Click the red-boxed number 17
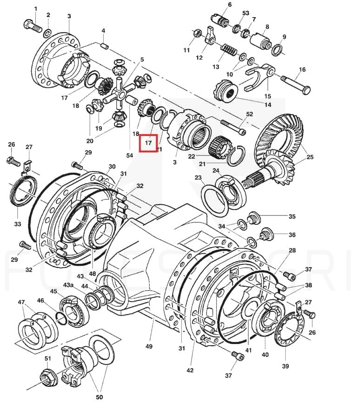click(x=148, y=143)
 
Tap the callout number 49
click(x=149, y=346)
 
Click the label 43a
click(x=68, y=285)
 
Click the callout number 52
click(x=249, y=114)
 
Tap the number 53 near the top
click(x=246, y=13)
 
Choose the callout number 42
click(x=190, y=370)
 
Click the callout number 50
click(x=99, y=397)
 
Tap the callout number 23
click(x=198, y=178)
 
